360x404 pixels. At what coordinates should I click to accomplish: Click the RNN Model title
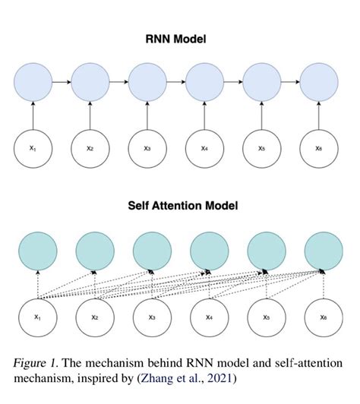pyautogui.click(x=179, y=37)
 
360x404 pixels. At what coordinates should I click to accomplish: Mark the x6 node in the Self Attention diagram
pyautogui.click(x=323, y=317)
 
